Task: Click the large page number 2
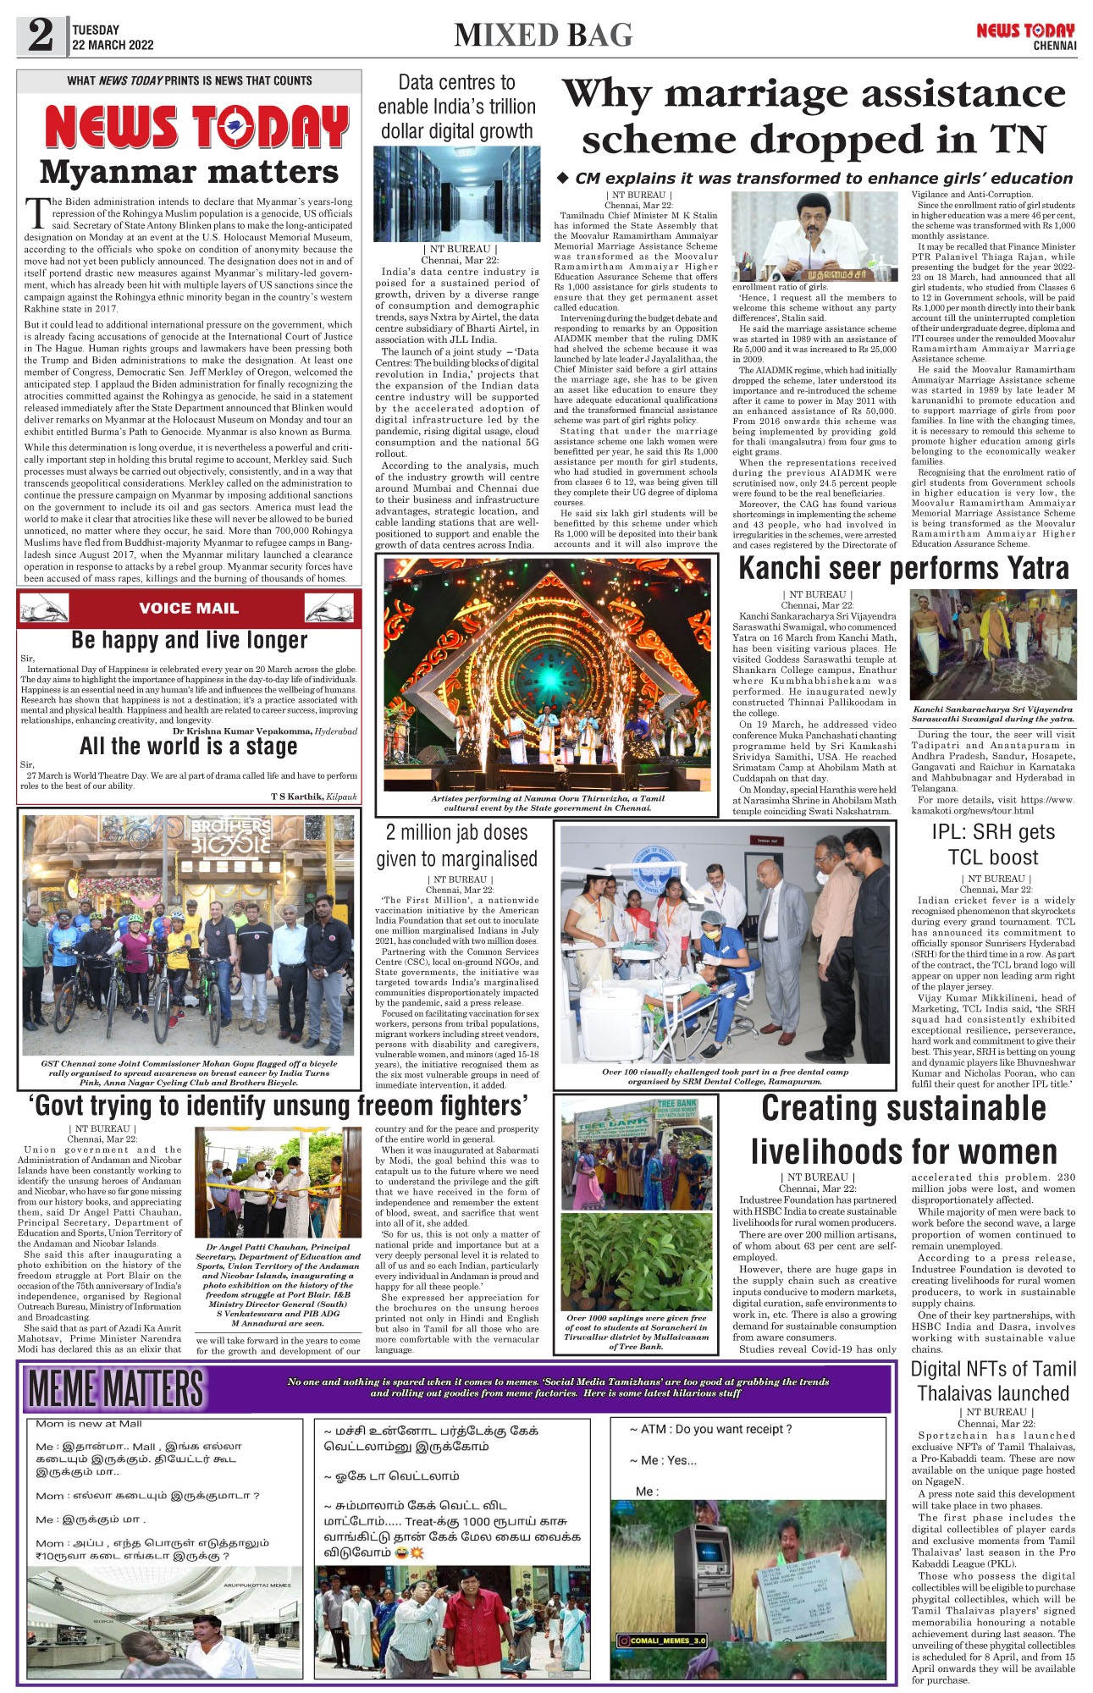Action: click(41, 36)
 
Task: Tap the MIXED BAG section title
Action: click(543, 36)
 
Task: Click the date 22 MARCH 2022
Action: click(113, 46)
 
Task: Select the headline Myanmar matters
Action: click(189, 172)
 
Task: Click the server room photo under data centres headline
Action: click(456, 194)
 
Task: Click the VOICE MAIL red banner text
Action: click(189, 608)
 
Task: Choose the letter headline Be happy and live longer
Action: click(189, 640)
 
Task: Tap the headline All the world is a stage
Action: click(189, 747)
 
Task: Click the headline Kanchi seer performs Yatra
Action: click(903, 568)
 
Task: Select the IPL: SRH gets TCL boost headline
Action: click(993, 844)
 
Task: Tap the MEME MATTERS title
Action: click(116, 1389)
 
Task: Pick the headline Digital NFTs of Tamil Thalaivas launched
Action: click(993, 1381)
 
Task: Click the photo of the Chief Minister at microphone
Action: click(814, 237)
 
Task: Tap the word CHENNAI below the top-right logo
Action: click(1054, 46)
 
